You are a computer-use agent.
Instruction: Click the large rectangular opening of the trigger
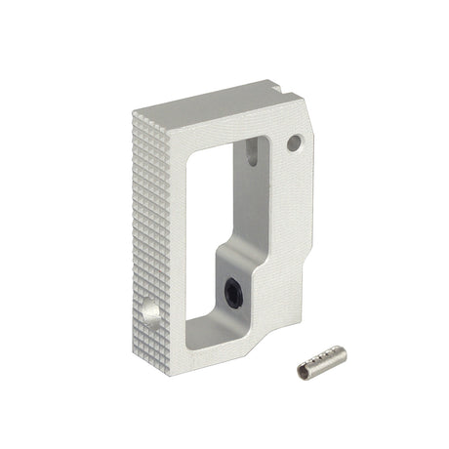210,224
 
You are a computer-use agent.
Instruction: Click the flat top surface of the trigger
215,98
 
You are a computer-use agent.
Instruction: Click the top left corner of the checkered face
132,115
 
